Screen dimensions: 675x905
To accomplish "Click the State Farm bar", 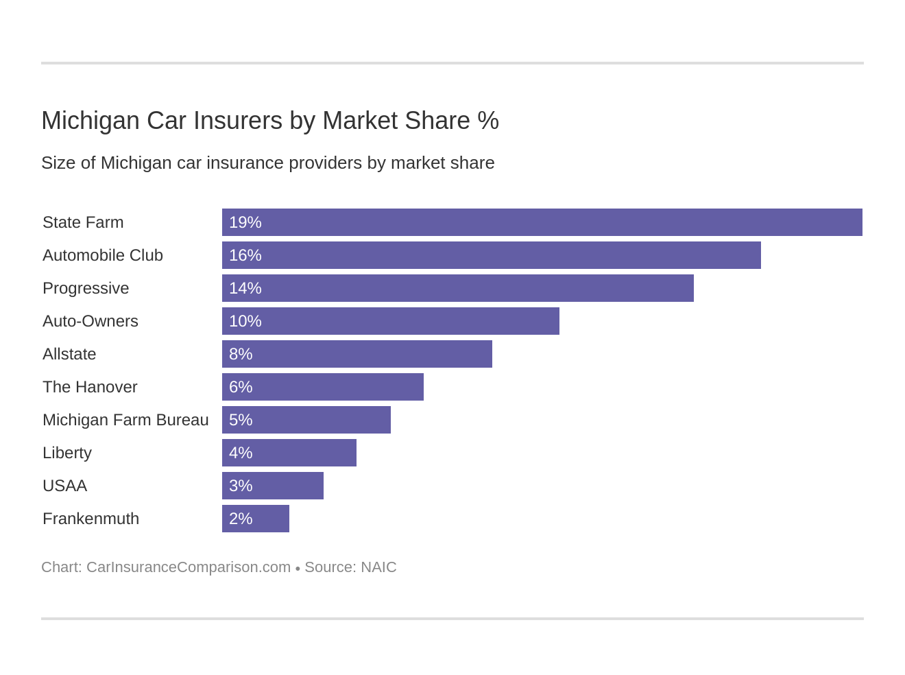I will coord(542,222).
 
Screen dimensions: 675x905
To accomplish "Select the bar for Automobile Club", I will coord(491,255).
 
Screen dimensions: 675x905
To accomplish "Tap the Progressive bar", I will coord(457,288).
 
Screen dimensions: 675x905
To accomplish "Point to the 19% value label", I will coord(245,222).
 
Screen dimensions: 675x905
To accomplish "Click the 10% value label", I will coord(245,321).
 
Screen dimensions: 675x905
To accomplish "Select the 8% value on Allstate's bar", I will coord(241,354).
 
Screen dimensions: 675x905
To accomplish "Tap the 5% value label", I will coord(241,420).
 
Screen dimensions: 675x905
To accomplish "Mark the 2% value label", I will coord(241,519).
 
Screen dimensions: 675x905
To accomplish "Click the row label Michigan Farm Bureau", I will coord(125,420).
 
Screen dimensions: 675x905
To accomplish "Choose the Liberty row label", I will coord(67,453).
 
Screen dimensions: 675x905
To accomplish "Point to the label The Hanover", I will coord(90,387).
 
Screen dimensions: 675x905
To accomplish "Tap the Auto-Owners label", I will coord(90,321).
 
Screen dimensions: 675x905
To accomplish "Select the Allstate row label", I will coord(69,354).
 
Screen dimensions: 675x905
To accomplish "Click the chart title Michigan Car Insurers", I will coord(269,121).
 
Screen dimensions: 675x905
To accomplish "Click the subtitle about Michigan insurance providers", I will coord(267,163).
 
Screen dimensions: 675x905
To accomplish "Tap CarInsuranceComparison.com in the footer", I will coord(189,567).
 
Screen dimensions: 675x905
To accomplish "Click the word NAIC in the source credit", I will coord(378,567).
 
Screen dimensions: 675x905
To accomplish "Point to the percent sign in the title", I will coord(488,121).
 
